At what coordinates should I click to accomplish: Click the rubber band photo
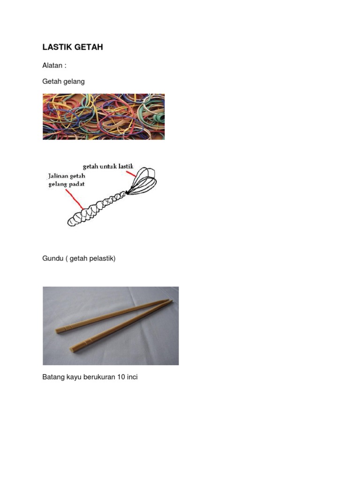point(104,116)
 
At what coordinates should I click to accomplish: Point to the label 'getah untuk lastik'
point(108,166)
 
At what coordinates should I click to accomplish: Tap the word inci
point(132,377)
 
